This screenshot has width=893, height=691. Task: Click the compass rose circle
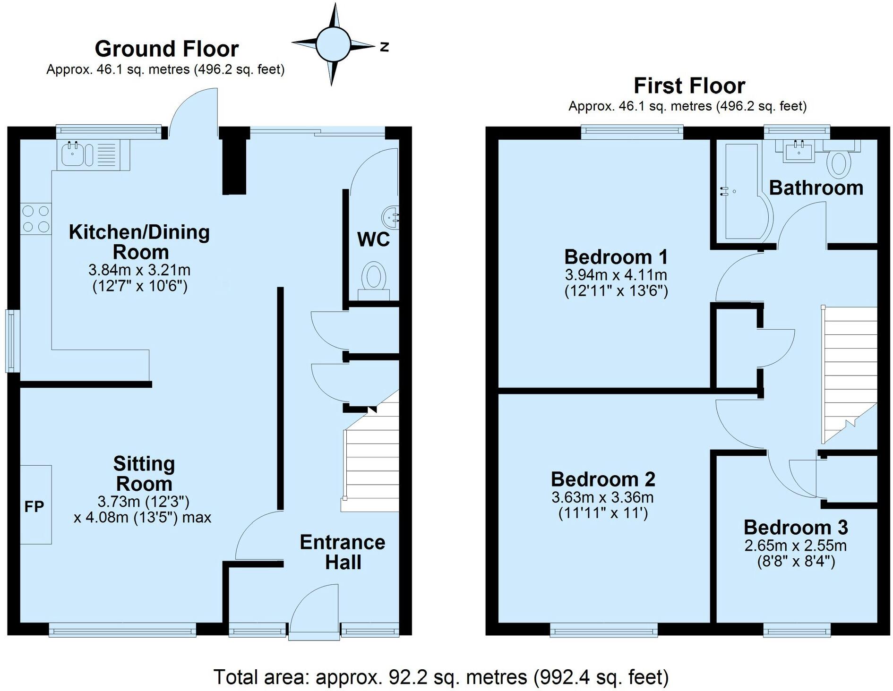pos(333,44)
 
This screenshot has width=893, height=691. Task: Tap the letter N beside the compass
pos(385,47)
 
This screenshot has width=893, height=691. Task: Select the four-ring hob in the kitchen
pos(36,218)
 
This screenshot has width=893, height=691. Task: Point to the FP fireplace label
pos(34,506)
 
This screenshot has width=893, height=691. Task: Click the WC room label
pos(373,239)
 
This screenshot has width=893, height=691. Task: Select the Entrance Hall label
pos(343,552)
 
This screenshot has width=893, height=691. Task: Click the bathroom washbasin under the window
pos(799,152)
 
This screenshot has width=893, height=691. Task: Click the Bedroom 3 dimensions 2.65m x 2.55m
pos(796,546)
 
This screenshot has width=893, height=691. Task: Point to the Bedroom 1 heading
pos(616,257)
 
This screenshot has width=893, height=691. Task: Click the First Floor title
pos(689,86)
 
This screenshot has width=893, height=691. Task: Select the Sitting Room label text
pos(144,474)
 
